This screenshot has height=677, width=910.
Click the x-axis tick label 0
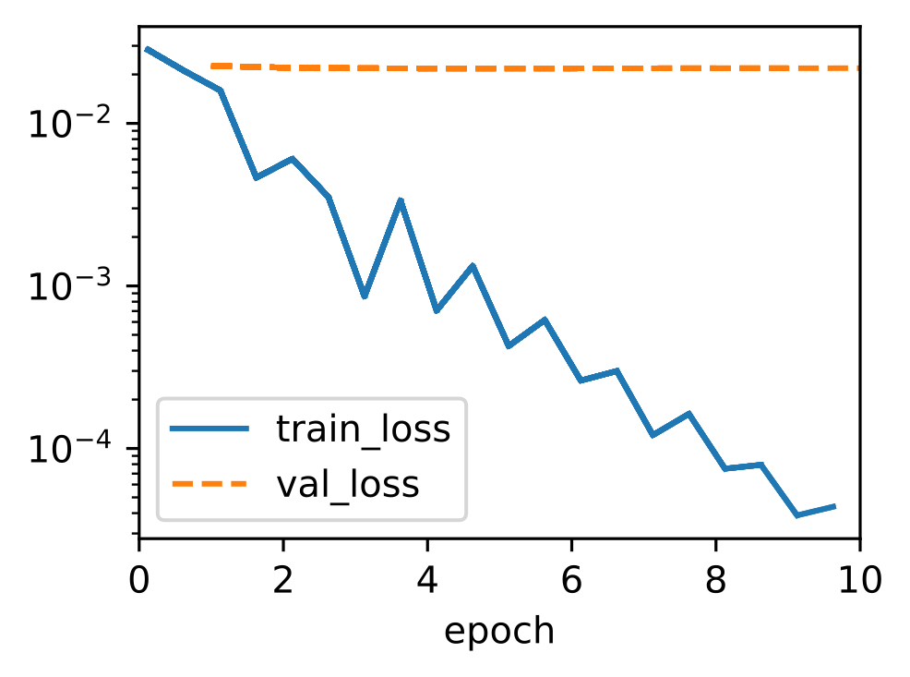point(138,579)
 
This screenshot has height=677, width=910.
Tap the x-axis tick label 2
point(282,579)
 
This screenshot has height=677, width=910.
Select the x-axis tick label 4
point(427,579)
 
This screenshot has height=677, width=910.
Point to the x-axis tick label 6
point(571,579)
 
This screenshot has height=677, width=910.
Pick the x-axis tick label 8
point(715,579)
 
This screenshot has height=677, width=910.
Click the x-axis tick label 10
point(860,579)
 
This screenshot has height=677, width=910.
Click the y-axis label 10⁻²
point(69,123)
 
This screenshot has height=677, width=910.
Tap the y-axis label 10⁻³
point(69,285)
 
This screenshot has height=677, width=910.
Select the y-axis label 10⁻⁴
point(69,448)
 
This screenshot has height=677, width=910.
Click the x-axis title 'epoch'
point(499,632)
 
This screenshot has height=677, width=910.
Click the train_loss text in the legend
point(364,429)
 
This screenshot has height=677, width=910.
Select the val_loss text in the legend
point(348,484)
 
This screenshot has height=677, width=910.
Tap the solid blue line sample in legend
point(210,429)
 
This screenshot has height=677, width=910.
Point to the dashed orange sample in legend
point(210,484)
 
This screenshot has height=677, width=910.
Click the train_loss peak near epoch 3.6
point(401,200)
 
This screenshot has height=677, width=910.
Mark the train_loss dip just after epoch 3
point(365,296)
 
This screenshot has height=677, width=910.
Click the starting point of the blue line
point(146,49)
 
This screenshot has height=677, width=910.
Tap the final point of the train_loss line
point(834,506)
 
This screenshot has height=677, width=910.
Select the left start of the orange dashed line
point(212,66)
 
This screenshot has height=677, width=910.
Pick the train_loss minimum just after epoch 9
point(798,515)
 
